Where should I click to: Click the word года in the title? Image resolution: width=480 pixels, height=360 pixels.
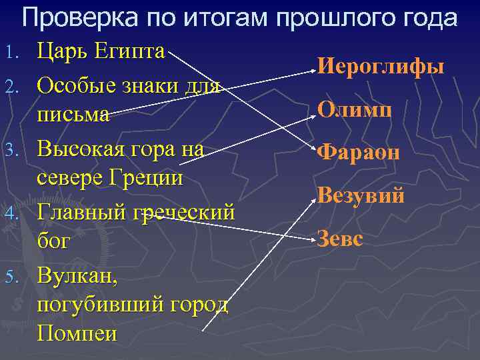click(427, 18)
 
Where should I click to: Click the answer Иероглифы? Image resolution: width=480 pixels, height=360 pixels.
click(381, 67)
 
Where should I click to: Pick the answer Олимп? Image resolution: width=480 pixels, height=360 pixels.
click(353, 108)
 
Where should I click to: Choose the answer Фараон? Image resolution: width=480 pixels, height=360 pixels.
click(359, 152)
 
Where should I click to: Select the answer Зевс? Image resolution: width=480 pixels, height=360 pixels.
click(340, 238)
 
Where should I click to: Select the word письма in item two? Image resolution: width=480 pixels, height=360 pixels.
click(73, 114)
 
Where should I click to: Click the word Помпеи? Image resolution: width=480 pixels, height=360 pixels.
click(77, 332)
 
